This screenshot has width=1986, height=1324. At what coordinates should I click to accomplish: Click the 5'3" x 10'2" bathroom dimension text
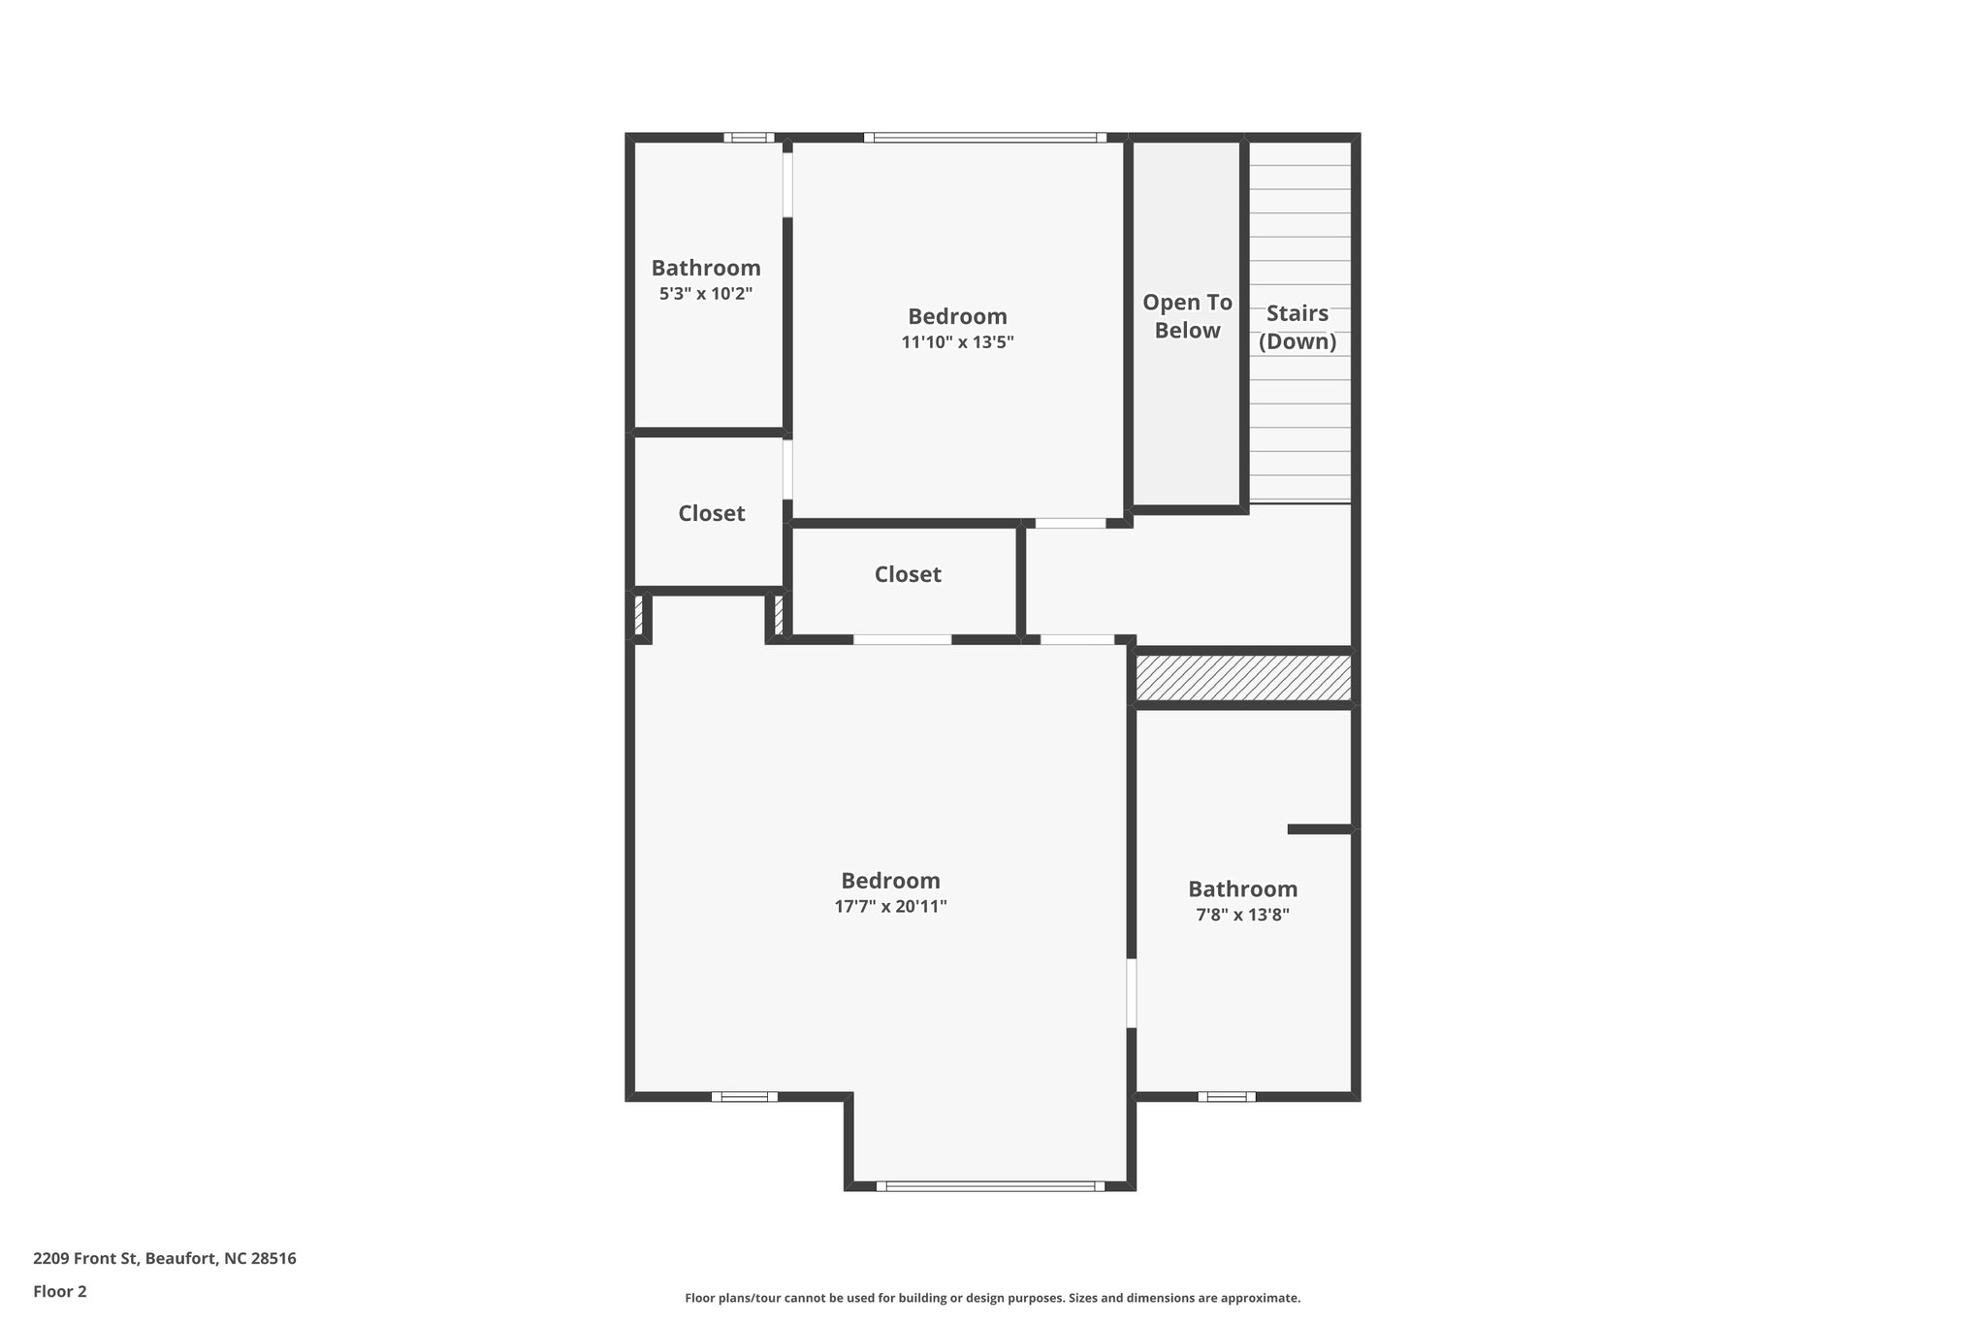click(x=706, y=293)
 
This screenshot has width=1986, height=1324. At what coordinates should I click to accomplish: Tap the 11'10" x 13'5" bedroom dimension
click(x=957, y=341)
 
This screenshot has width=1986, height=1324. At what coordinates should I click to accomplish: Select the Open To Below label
click(x=1187, y=316)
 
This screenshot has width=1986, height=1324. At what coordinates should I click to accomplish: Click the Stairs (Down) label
click(x=1297, y=327)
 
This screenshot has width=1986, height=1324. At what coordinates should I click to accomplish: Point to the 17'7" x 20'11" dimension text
click(x=890, y=906)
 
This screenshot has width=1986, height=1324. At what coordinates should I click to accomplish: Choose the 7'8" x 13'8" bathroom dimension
click(x=1242, y=914)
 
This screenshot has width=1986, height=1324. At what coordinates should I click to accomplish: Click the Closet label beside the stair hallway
click(x=908, y=574)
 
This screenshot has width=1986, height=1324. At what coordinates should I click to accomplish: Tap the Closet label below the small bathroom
click(x=711, y=513)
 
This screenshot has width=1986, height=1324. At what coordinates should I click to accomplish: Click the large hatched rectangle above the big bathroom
click(x=1243, y=677)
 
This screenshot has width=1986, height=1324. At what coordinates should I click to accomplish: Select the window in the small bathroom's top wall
click(x=749, y=138)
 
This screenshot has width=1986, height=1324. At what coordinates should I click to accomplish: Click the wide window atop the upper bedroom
click(x=985, y=138)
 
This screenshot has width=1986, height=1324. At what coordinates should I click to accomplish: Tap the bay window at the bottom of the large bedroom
click(x=990, y=1185)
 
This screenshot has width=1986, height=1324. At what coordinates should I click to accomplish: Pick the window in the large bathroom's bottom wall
click(x=1227, y=1097)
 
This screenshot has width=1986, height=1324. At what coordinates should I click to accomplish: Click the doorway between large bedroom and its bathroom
click(x=1131, y=993)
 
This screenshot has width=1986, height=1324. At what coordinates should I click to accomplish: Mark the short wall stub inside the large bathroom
click(x=1319, y=829)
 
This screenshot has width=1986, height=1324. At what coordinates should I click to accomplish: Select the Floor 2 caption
click(x=60, y=1291)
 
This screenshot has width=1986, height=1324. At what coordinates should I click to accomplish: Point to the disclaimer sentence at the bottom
click(x=992, y=1298)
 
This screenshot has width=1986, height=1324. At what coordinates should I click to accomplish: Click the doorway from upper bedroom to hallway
click(x=1071, y=523)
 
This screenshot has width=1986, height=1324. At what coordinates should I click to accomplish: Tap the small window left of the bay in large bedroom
click(x=745, y=1097)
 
